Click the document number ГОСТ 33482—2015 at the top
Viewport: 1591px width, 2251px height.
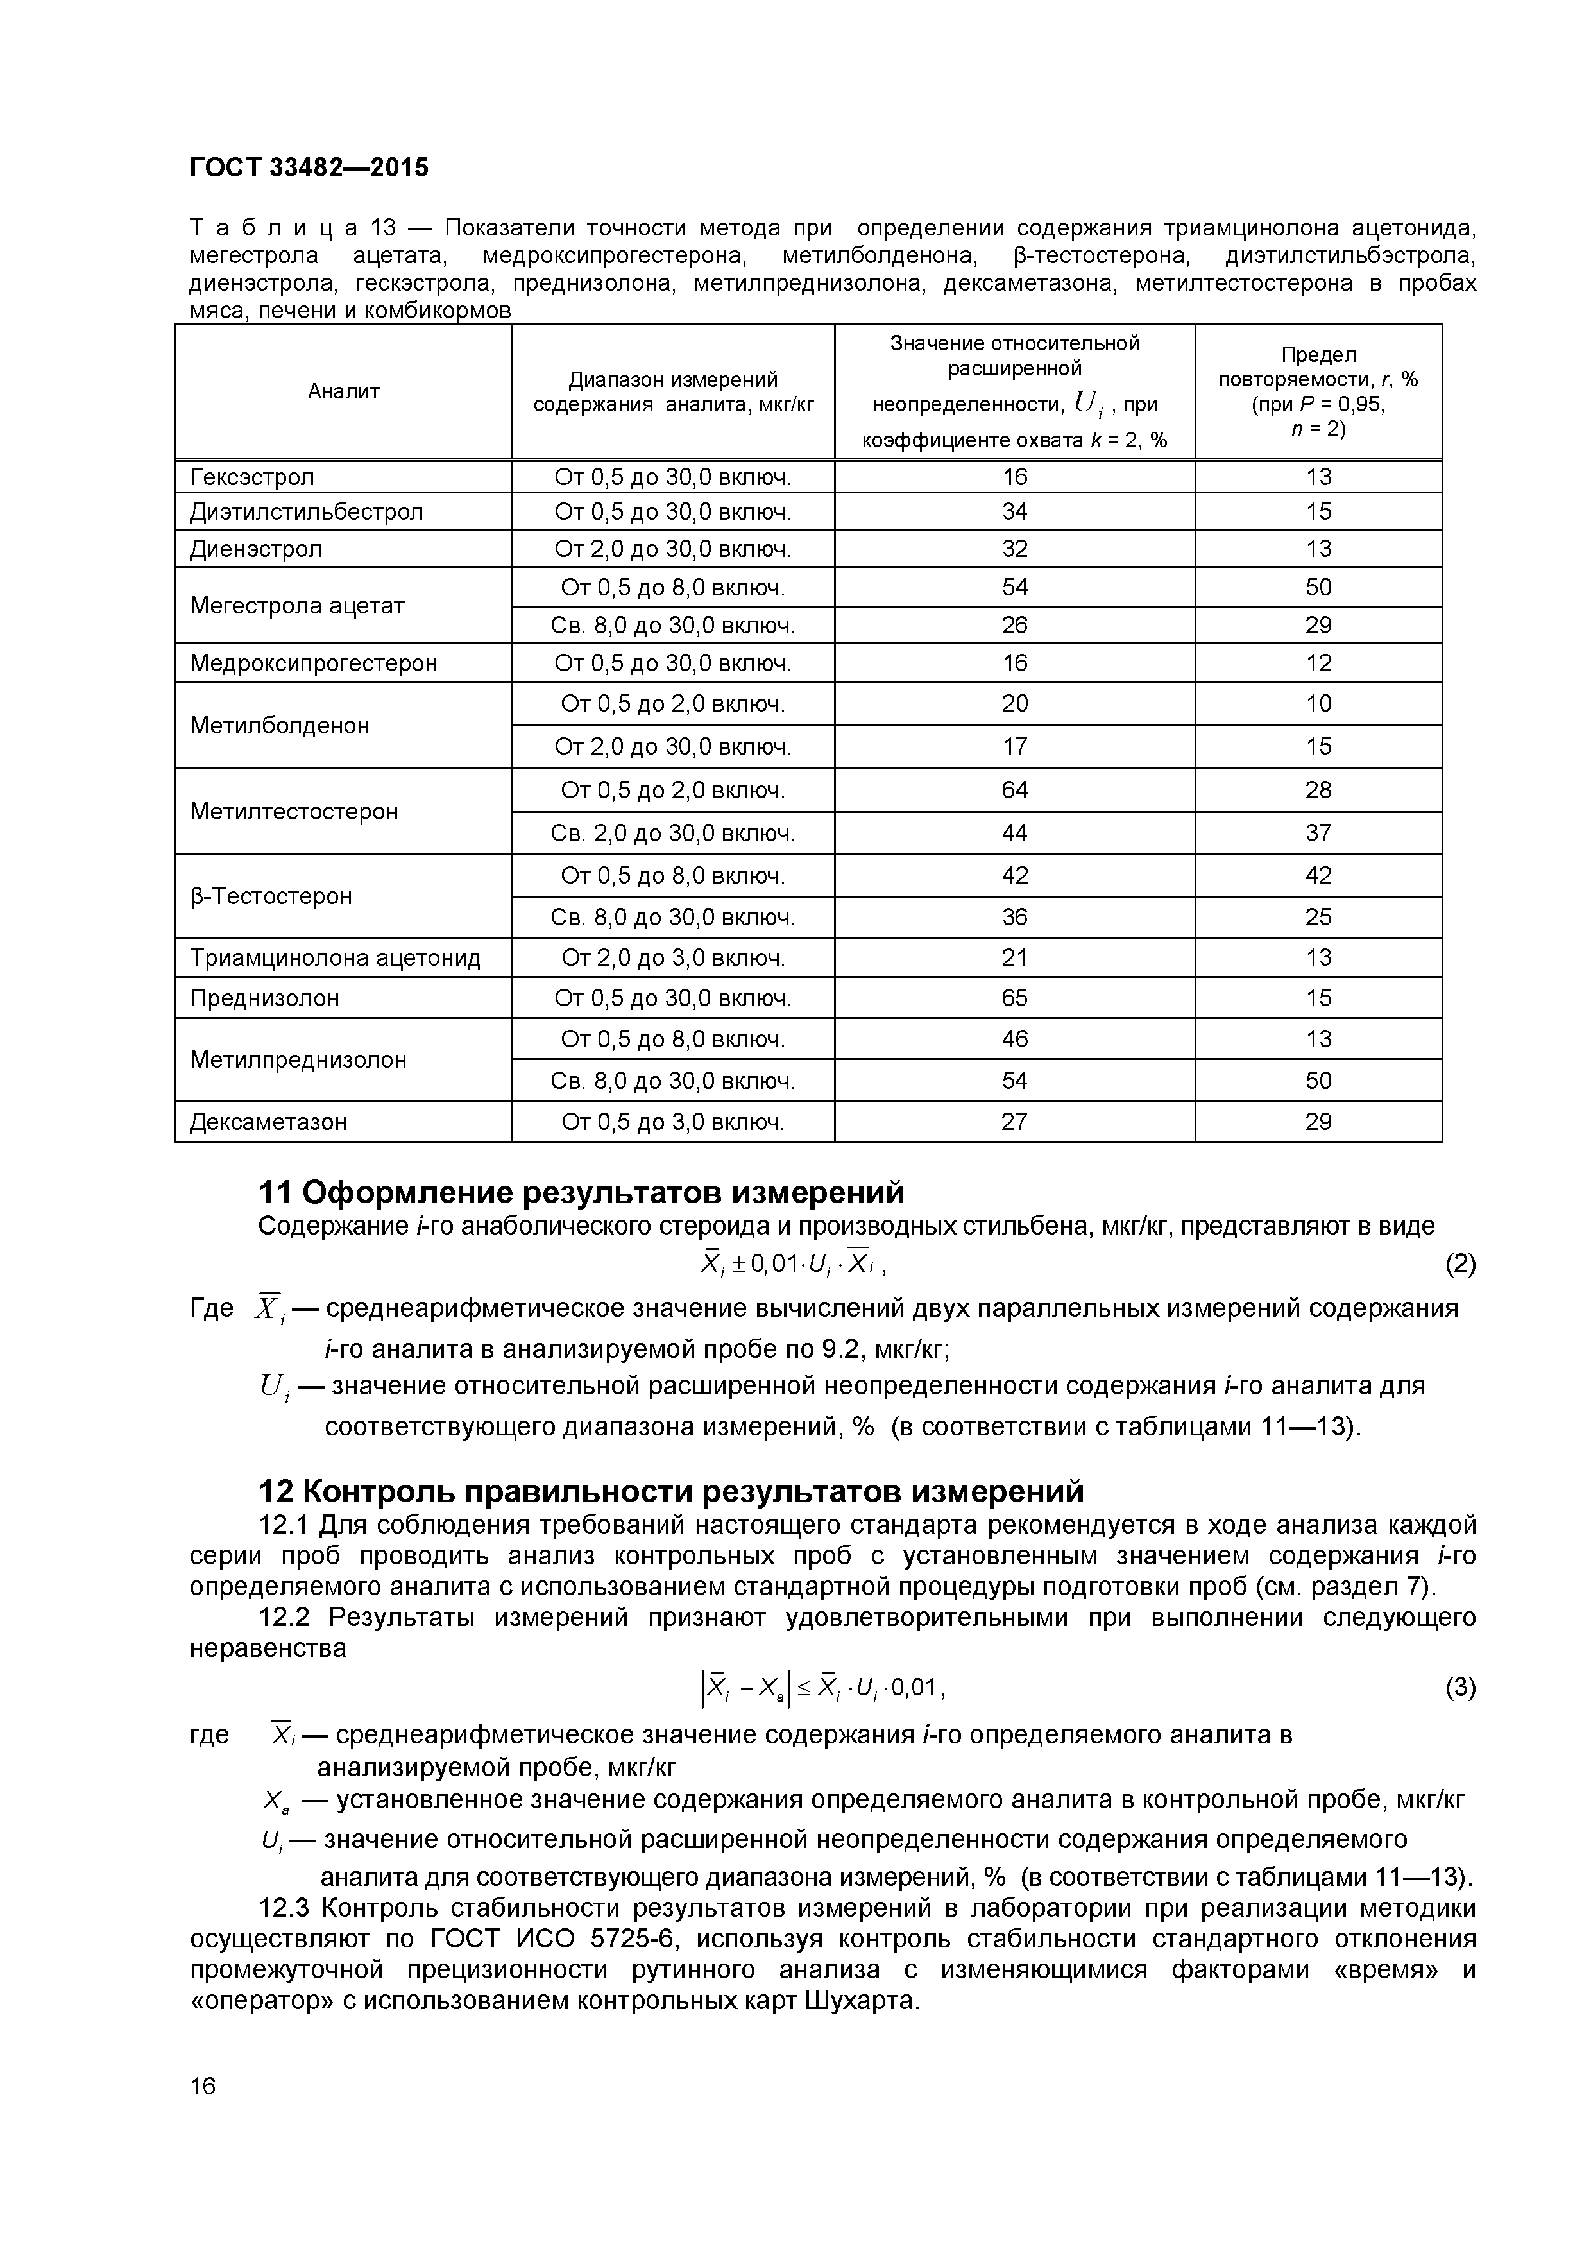(x=309, y=167)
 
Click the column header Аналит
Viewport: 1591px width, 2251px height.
(x=343, y=391)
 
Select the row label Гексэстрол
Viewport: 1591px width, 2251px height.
(x=252, y=477)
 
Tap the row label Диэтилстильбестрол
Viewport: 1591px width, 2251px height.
(x=306, y=512)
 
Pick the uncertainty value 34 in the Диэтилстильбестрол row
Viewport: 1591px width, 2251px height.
(x=1015, y=512)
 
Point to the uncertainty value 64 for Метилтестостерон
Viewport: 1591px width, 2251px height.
(x=1015, y=790)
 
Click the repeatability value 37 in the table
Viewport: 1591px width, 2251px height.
(x=1318, y=834)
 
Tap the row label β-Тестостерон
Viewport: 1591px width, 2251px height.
(x=271, y=896)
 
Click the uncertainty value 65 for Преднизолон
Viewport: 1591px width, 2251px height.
(x=1015, y=998)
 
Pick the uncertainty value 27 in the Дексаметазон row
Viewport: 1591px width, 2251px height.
(x=1015, y=1122)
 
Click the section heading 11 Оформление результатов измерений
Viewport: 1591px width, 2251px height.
(x=581, y=1192)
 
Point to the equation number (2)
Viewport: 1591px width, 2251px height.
(x=1459, y=1265)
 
